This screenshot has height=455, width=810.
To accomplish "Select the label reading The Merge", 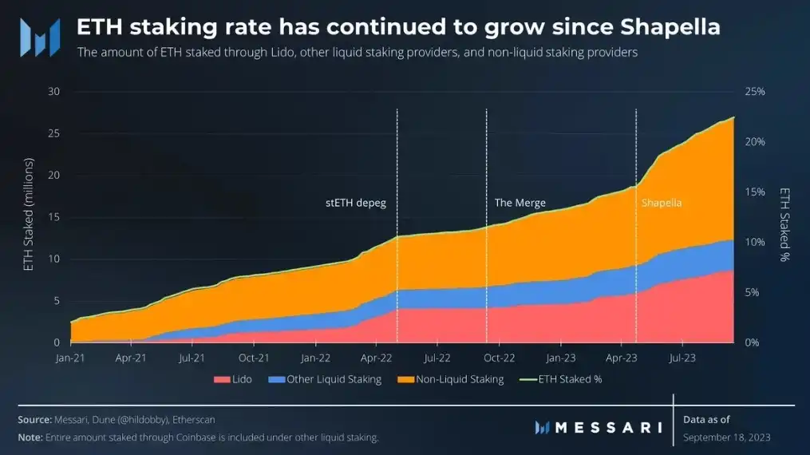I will tap(520, 203).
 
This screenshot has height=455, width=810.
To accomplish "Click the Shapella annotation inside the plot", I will tap(662, 203).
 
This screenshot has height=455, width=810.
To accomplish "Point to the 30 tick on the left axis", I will tap(54, 92).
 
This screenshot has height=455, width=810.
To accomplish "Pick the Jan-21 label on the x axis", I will tap(70, 358).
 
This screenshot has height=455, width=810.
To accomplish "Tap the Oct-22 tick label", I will tap(499, 358).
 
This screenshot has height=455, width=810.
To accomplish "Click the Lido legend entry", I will tap(242, 379).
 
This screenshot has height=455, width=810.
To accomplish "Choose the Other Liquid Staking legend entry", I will tap(334, 379).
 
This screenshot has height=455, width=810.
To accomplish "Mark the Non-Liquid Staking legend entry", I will tap(460, 379).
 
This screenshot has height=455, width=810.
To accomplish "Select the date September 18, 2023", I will tap(727, 437).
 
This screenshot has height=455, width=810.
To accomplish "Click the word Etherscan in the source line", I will tap(192, 419).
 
